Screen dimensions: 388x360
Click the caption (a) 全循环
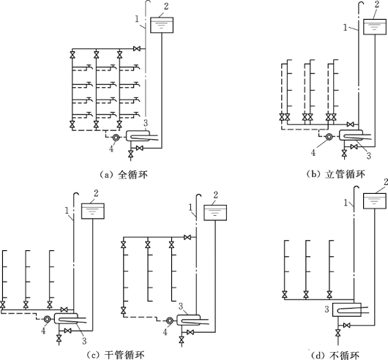click(x=124, y=175)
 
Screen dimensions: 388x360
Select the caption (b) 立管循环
click(x=335, y=174)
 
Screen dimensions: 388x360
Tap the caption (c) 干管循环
click(x=116, y=356)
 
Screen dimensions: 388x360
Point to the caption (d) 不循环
click(x=335, y=356)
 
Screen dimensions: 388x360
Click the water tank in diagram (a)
click(x=162, y=25)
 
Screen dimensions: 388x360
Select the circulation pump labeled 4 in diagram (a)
click(x=116, y=138)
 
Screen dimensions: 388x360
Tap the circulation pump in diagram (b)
click(x=329, y=137)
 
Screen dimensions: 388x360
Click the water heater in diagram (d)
click(x=346, y=310)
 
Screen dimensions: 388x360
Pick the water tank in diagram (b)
click(x=375, y=26)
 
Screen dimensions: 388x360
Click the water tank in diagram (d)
click(x=375, y=201)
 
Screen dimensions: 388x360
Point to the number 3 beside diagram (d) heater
click(x=327, y=309)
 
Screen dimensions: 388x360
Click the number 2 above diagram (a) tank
click(x=166, y=7)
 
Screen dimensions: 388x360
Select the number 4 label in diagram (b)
click(x=313, y=153)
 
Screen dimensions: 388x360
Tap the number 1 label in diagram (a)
click(x=137, y=19)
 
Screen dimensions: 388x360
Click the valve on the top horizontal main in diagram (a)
click(x=137, y=49)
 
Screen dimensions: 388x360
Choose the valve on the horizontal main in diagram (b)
click(x=350, y=124)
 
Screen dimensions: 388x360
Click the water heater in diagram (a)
click(x=138, y=136)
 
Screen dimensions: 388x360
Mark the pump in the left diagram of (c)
click(x=47, y=319)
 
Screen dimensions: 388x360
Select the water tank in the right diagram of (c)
click(x=215, y=213)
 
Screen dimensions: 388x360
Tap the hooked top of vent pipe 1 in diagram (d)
click(x=357, y=187)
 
